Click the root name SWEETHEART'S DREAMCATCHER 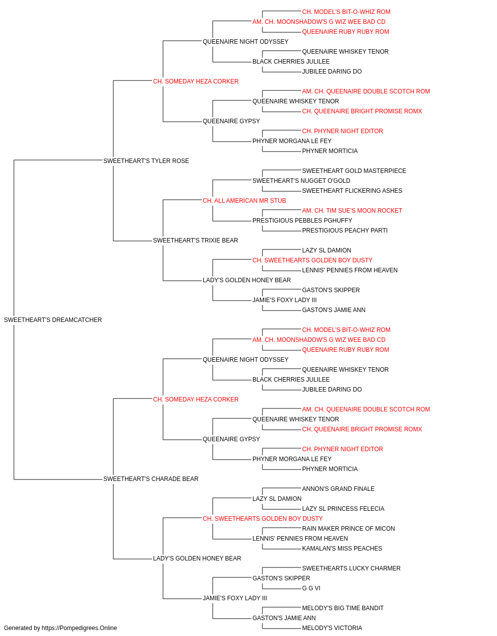point(53,320)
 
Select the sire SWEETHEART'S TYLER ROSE point(146,161)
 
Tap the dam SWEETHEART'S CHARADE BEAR point(151,479)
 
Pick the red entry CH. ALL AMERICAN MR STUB point(245,201)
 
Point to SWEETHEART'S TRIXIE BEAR point(195,240)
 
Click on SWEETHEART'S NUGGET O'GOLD point(301,181)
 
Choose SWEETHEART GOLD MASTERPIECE point(354,171)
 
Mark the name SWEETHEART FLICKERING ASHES point(352,191)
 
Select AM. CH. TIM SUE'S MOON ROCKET point(352,211)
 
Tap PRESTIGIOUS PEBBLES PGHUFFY point(302,221)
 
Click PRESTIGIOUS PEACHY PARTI point(345,231)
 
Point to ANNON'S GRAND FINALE point(338,489)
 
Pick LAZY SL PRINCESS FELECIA point(343,509)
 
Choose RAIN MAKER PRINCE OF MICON point(348,529)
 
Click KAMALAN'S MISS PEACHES point(342,549)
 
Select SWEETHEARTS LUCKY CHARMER point(351,568)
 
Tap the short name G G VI point(311,588)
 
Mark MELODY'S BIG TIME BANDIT point(343,608)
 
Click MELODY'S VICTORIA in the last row point(332,628)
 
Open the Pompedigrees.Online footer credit point(60,628)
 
